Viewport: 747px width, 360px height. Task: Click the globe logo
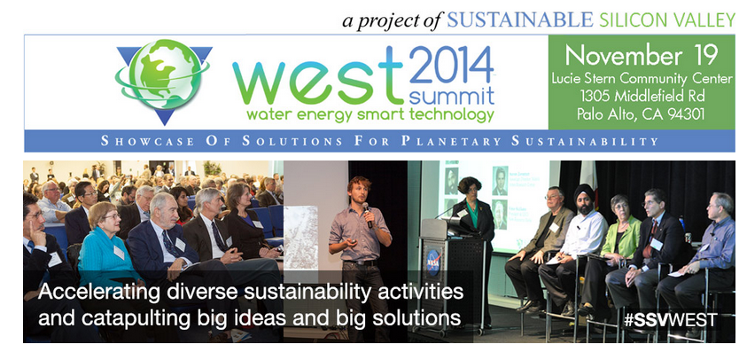point(163,80)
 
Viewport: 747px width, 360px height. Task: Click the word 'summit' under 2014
point(452,97)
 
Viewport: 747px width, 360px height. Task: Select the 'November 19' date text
point(642,56)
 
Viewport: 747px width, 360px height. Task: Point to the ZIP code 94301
point(684,114)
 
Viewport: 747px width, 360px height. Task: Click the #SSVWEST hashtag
point(670,320)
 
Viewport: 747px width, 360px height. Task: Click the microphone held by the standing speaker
point(367,214)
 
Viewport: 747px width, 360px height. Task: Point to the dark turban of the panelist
point(585,192)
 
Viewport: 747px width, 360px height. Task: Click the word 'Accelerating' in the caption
point(83,292)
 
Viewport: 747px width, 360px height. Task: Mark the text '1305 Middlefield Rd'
point(642,97)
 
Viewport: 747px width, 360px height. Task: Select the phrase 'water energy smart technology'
point(370,115)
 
